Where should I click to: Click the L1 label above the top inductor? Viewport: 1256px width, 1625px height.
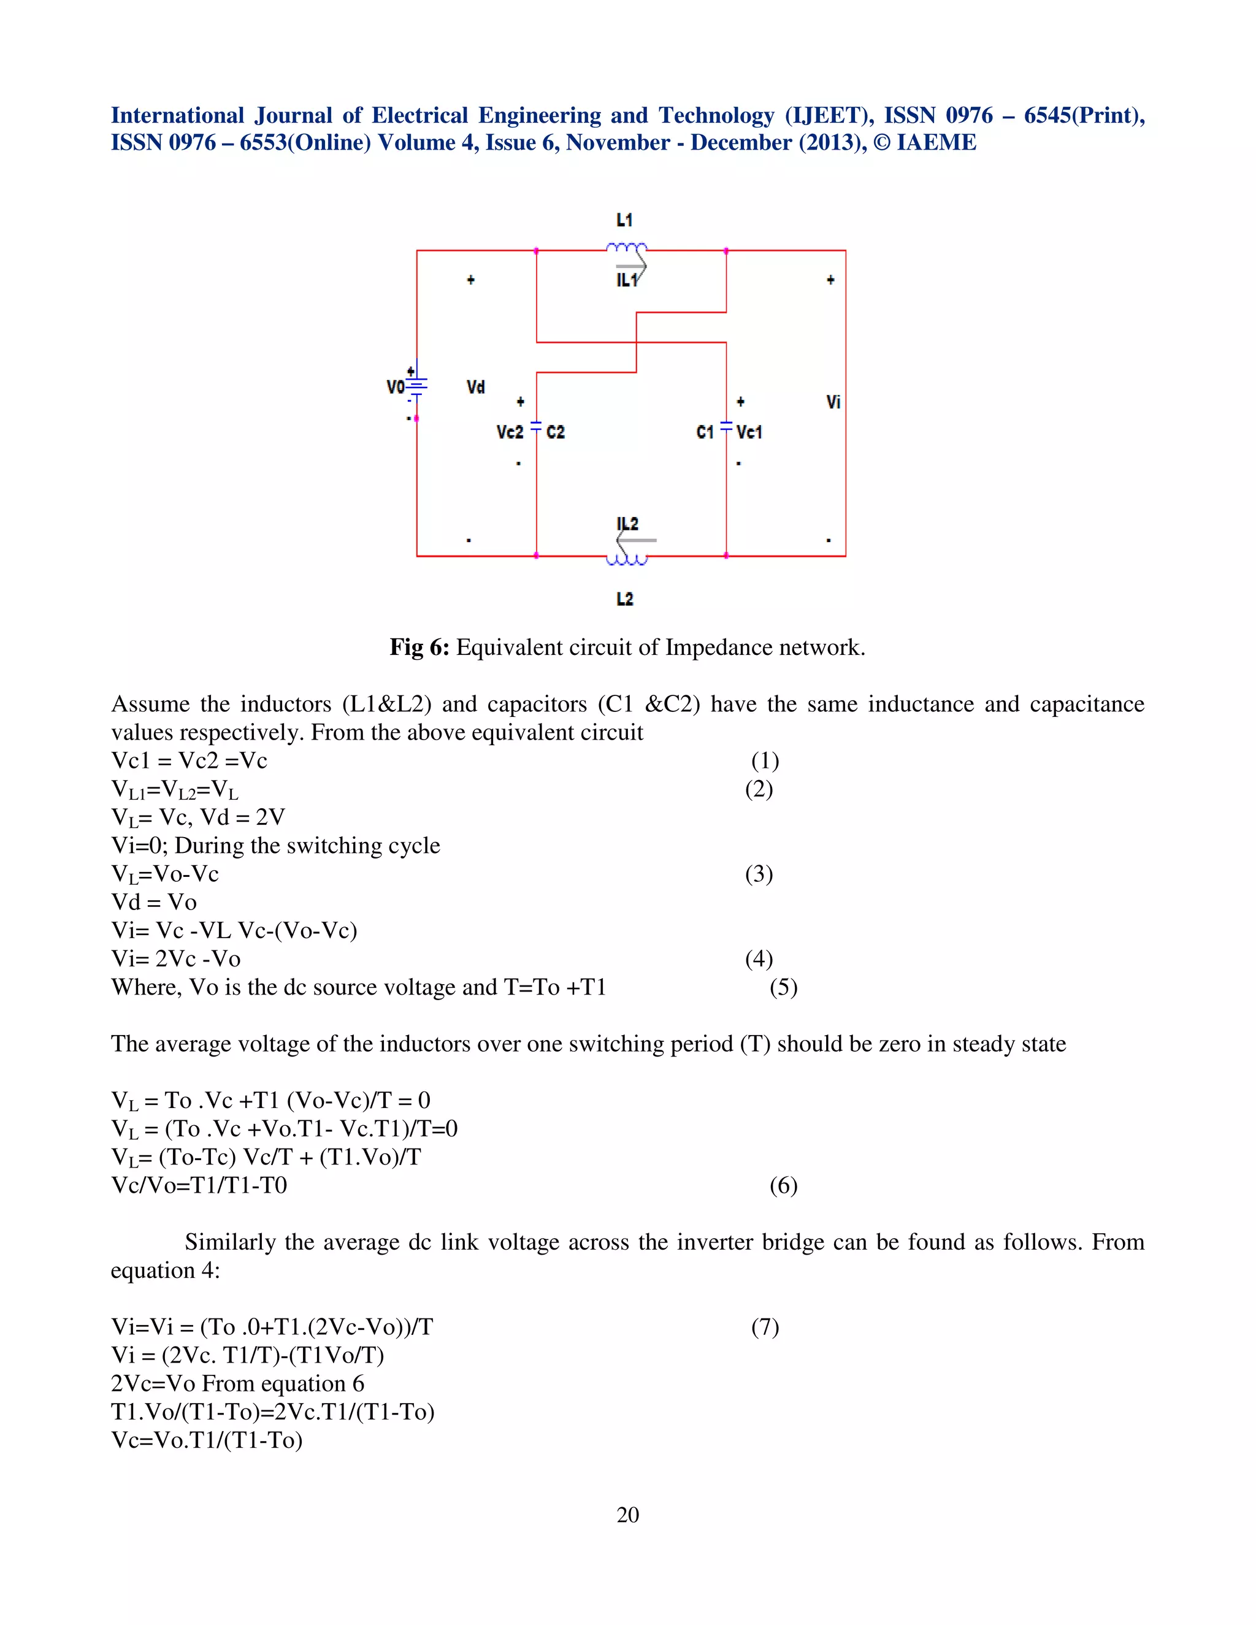(x=624, y=220)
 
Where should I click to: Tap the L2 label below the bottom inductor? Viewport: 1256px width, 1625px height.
(x=625, y=599)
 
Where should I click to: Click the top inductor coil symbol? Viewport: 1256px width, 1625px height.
(x=627, y=248)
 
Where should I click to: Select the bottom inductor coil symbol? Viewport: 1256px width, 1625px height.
(x=627, y=559)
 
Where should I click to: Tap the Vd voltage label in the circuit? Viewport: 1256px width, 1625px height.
(x=475, y=387)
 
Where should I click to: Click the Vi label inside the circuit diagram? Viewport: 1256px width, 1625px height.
(x=833, y=402)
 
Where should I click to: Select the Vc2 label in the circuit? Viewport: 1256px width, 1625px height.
(x=510, y=432)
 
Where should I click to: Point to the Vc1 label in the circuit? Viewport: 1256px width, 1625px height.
(x=749, y=432)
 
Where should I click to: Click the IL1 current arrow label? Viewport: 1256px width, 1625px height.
(x=627, y=280)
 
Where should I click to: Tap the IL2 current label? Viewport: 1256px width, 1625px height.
(x=627, y=524)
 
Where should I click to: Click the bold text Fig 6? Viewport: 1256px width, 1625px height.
(x=419, y=648)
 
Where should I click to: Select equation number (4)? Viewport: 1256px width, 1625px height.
(x=759, y=958)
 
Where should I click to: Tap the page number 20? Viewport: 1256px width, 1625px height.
(x=628, y=1514)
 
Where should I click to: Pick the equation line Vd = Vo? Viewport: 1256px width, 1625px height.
(x=154, y=902)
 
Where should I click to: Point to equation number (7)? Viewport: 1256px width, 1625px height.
(x=765, y=1326)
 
